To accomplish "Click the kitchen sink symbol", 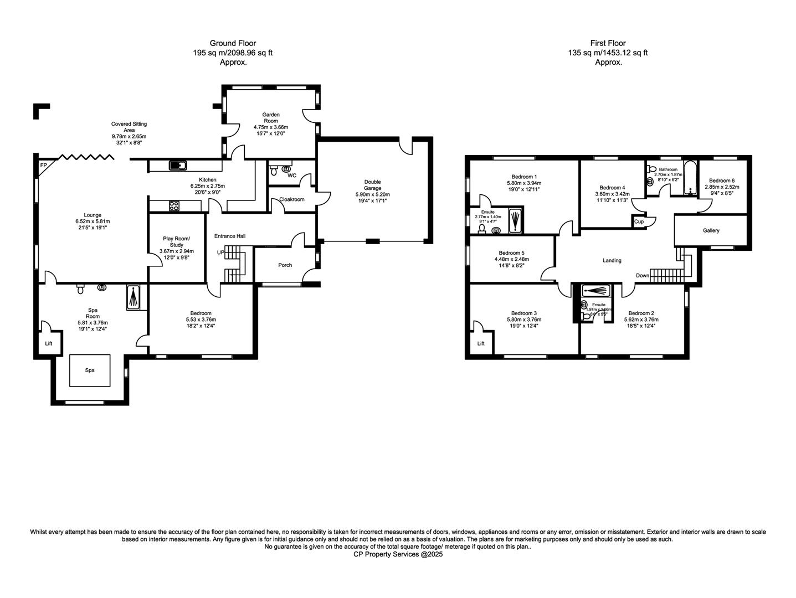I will [x=178, y=165].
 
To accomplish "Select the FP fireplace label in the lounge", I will [x=43, y=165].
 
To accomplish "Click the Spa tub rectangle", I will [x=89, y=370].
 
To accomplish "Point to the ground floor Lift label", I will [x=49, y=343].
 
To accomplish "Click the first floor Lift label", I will [x=481, y=343].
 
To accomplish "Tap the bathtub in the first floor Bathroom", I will [x=690, y=179].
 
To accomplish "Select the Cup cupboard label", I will [x=639, y=221].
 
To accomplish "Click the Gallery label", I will [x=711, y=230].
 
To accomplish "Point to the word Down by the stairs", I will [x=643, y=276].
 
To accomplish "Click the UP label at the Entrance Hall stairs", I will [x=221, y=252].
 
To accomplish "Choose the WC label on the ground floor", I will [x=292, y=176].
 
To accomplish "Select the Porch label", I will [x=285, y=265].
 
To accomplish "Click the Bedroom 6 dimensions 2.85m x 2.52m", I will [x=722, y=187].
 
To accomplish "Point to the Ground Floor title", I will [x=233, y=43].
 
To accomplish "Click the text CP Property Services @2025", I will [x=398, y=554].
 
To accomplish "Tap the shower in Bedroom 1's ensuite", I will [x=515, y=219].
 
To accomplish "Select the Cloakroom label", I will [x=292, y=199].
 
